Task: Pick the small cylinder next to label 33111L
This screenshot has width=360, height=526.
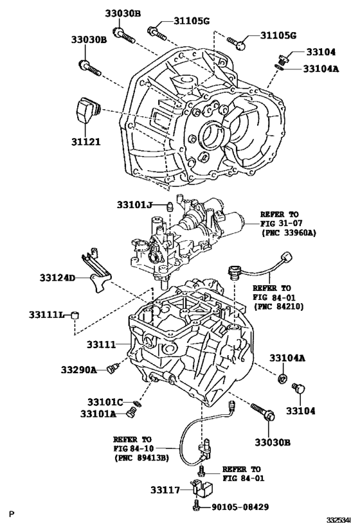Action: pyautogui.click(x=76, y=315)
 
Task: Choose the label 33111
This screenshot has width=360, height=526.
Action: pyautogui.click(x=100, y=345)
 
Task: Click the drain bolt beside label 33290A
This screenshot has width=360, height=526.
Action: pyautogui.click(x=114, y=368)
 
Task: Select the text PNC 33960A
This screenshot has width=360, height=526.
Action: pyautogui.click(x=288, y=233)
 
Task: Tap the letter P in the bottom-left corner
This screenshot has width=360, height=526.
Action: pyautogui.click(x=11, y=514)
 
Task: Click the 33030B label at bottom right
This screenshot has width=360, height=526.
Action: pyautogui.click(x=272, y=443)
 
